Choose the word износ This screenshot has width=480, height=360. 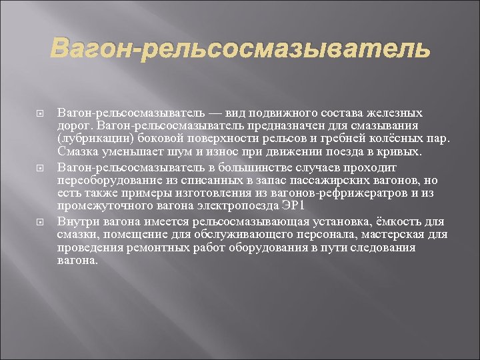tap(205, 151)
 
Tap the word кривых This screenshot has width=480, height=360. tap(401, 151)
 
